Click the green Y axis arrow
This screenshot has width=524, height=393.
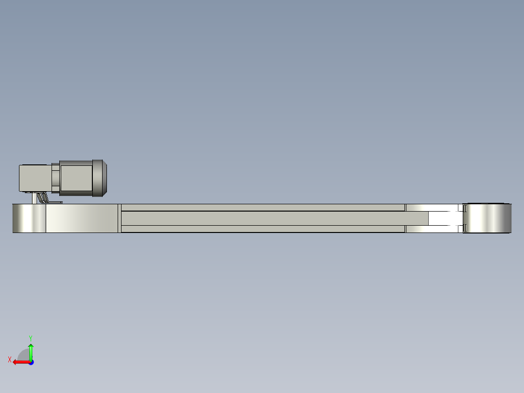[x=31, y=351]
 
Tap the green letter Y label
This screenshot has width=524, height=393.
[x=30, y=338]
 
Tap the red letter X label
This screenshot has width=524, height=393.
[x=10, y=359]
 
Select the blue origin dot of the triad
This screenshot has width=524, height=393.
[x=31, y=362]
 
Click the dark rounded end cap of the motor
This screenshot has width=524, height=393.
[x=100, y=178]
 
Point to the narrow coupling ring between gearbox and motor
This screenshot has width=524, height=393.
[x=55, y=178]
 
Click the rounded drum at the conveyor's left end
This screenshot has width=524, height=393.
[x=29, y=218]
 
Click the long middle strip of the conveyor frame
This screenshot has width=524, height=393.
[x=262, y=218]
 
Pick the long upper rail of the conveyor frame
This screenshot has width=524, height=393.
[x=262, y=208]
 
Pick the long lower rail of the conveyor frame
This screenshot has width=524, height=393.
[x=262, y=229]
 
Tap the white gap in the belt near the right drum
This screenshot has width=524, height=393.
[x=443, y=218]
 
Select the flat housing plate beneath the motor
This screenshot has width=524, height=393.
[x=82, y=218]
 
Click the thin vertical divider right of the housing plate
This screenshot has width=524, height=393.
[x=120, y=218]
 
